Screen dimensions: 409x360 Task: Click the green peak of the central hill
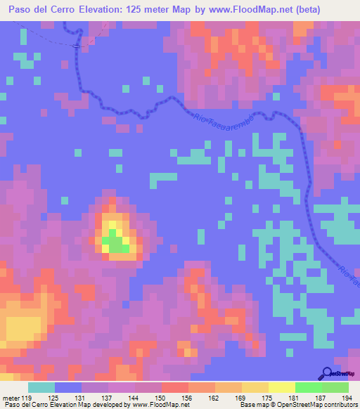pos(115,244)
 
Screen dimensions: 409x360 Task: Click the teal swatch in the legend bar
pos(41,387)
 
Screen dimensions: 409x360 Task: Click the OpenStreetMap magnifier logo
pos(328,372)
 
